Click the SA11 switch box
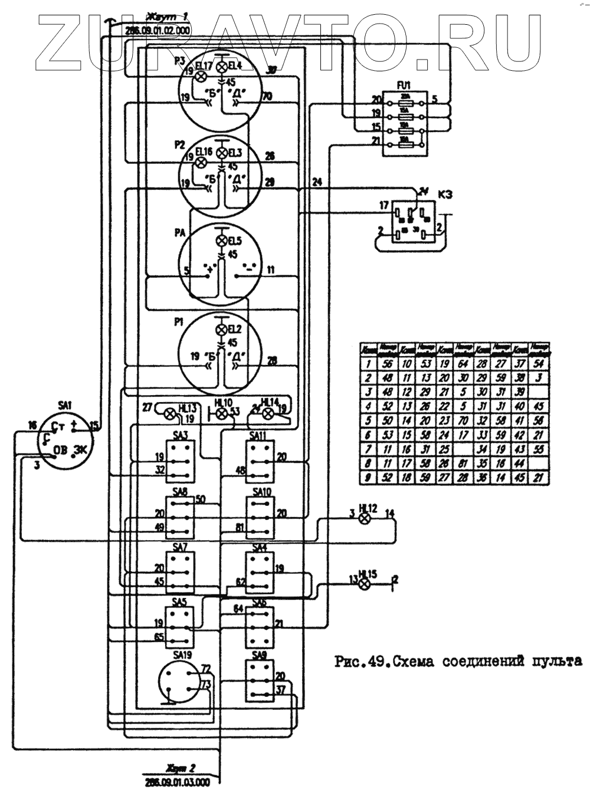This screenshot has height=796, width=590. (260, 462)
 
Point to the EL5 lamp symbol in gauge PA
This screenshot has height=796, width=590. (222, 241)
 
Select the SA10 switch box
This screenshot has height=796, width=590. (260, 517)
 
